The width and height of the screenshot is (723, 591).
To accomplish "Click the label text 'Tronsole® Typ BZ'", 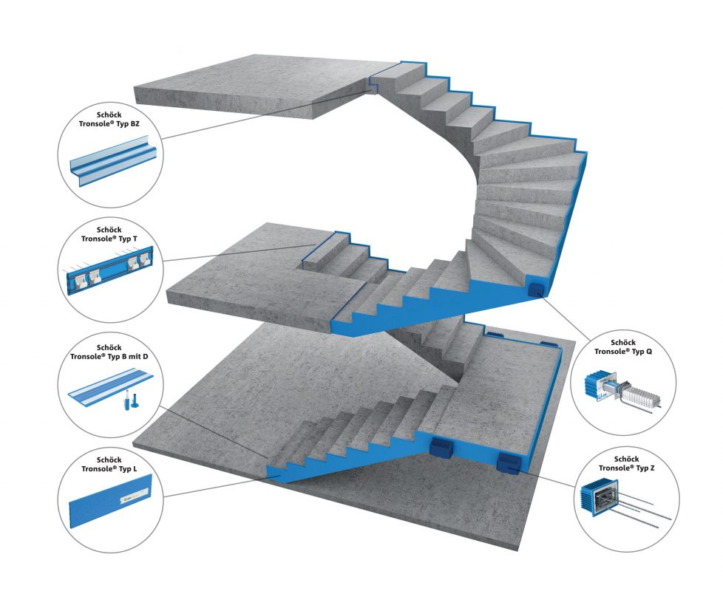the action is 109,124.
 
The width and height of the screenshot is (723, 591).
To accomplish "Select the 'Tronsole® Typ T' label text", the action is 109,239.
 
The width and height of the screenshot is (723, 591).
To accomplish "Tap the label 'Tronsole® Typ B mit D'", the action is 109,357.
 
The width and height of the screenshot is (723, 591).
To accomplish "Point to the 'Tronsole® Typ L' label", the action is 109,469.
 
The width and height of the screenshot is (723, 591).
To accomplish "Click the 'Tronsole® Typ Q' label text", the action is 623,352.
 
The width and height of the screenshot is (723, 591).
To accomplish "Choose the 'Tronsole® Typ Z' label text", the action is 627,468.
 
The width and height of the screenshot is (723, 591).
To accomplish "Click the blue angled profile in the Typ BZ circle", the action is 113,160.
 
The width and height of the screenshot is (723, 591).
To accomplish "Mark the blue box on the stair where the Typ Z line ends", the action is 509,463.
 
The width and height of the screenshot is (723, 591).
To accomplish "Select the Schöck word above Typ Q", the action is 623,342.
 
